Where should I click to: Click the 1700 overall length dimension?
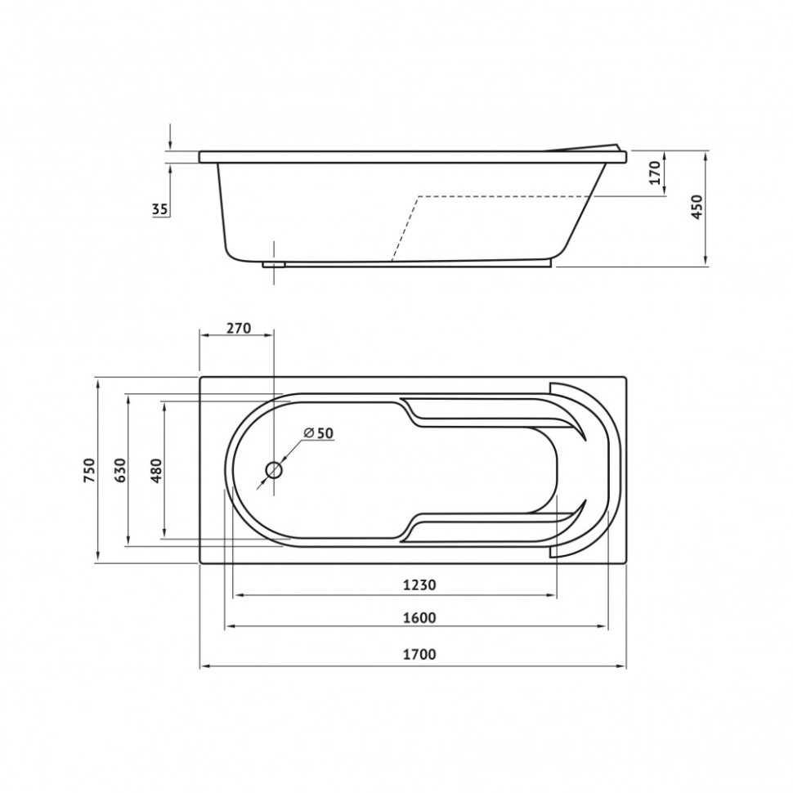(x=419, y=654)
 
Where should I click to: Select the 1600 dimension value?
(x=419, y=618)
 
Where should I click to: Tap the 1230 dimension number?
(x=419, y=585)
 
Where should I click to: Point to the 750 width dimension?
(x=89, y=470)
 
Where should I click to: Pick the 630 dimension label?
(x=120, y=470)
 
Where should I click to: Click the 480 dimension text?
(x=156, y=470)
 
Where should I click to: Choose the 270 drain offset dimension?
(x=238, y=328)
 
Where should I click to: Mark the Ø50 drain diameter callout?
(x=319, y=433)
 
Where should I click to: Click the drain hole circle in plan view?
(x=274, y=470)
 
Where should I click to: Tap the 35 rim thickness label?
(x=159, y=208)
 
